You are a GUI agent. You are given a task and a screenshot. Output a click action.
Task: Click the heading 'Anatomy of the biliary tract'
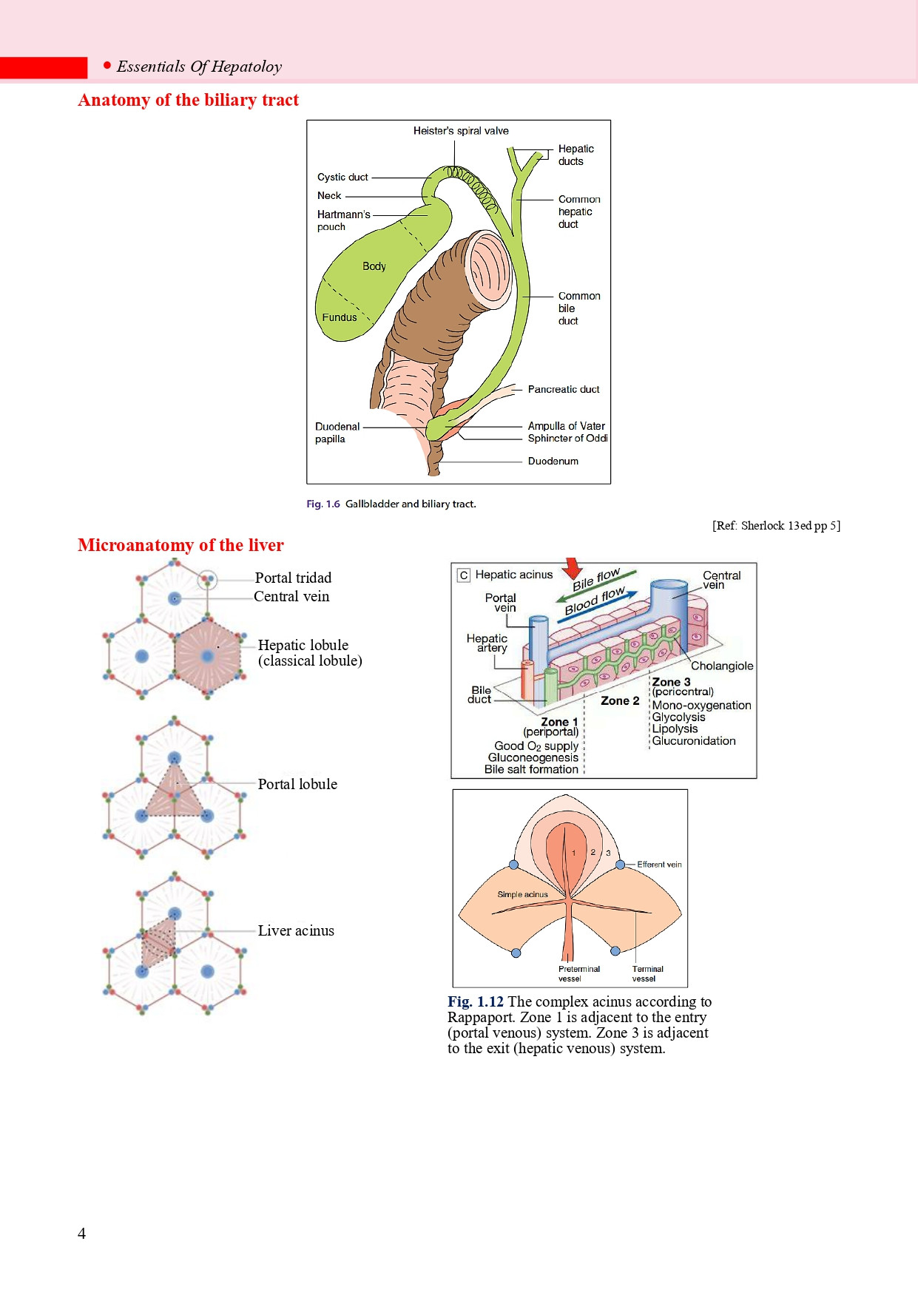click(x=188, y=100)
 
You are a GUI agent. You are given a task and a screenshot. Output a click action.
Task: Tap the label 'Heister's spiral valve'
click(x=461, y=131)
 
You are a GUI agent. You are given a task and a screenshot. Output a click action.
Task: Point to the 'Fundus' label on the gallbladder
click(x=340, y=317)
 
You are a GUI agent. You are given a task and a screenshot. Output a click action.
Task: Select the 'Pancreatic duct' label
click(x=564, y=389)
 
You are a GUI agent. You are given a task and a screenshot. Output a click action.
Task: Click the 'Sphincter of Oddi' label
click(x=567, y=438)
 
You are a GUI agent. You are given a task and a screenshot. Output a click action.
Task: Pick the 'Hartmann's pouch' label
click(x=343, y=220)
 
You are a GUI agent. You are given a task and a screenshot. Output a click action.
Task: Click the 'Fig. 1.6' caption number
click(x=323, y=504)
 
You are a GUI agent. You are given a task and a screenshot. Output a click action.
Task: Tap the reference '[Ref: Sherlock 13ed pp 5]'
click(x=776, y=526)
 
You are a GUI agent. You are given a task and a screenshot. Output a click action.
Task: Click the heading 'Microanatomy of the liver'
click(x=180, y=545)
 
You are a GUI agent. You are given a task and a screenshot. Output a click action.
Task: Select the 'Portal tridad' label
click(x=293, y=578)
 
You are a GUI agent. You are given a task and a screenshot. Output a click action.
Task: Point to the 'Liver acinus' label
click(x=296, y=930)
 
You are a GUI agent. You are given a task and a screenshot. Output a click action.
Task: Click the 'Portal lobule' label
click(x=297, y=784)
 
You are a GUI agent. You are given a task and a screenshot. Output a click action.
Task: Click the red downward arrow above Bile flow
click(x=572, y=569)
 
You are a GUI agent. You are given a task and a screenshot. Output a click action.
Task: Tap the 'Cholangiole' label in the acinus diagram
click(x=722, y=666)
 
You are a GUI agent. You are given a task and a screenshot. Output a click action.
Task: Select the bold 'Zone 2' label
click(x=620, y=700)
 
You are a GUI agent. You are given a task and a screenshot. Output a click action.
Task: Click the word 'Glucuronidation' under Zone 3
click(x=694, y=740)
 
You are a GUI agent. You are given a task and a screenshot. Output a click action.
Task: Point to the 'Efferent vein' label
click(x=659, y=864)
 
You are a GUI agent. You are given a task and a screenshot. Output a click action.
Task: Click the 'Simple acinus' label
click(x=522, y=894)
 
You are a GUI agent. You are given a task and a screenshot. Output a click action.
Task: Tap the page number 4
click(x=82, y=1233)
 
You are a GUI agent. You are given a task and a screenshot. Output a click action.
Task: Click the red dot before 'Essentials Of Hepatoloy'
click(x=107, y=66)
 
